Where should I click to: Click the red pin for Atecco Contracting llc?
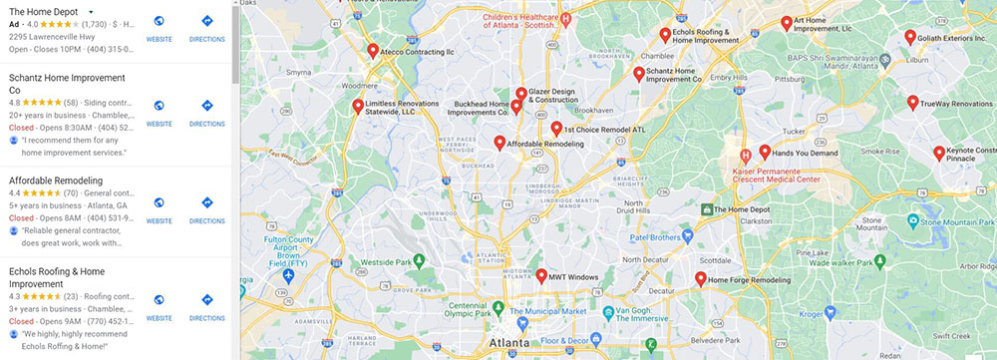pyautogui.click(x=373, y=50)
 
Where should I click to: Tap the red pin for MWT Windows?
pyautogui.click(x=541, y=275)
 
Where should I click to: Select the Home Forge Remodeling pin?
pyautogui.click(x=700, y=278)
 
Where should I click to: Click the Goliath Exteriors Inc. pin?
pyautogui.click(x=910, y=37)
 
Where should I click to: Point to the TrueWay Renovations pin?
pyautogui.click(x=912, y=102)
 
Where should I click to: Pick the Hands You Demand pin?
pyautogui.click(x=765, y=152)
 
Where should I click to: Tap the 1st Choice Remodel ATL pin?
pyautogui.click(x=556, y=128)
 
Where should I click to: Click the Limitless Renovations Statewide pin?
pyautogui.click(x=358, y=106)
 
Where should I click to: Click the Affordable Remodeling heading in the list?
pyautogui.click(x=56, y=180)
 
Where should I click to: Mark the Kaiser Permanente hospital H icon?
pyautogui.click(x=745, y=155)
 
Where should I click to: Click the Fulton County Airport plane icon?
pyautogui.click(x=288, y=274)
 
